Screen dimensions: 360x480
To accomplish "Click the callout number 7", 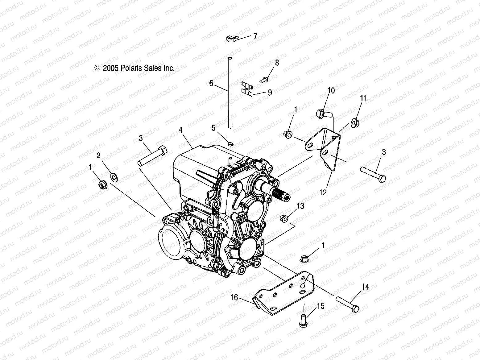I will click(x=255, y=36).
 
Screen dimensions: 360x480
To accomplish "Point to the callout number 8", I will click(x=277, y=63).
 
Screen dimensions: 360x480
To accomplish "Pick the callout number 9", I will click(x=270, y=92).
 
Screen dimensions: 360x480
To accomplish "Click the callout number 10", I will click(x=331, y=91).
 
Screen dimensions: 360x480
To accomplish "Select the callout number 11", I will click(x=363, y=98).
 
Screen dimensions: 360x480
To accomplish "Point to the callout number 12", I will click(x=323, y=193).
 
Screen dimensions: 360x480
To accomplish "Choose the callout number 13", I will click(x=300, y=206).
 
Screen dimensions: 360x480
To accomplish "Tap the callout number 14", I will click(x=365, y=287).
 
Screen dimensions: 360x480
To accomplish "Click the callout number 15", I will click(x=321, y=306).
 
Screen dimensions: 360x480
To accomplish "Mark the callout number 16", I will click(x=234, y=297).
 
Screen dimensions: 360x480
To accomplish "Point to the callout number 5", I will click(x=213, y=127).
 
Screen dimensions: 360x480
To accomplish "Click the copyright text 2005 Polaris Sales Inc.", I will click(x=135, y=68).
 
